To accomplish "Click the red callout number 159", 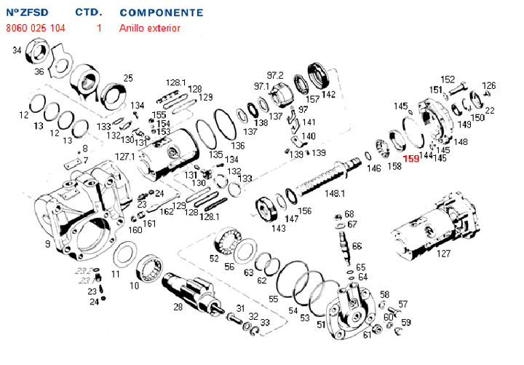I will (x=411, y=158).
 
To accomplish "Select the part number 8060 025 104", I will (x=35, y=28).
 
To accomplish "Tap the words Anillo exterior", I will (x=149, y=28).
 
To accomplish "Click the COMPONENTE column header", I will (x=161, y=13).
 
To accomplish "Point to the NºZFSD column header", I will (x=27, y=13).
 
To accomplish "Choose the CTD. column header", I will (x=89, y=13).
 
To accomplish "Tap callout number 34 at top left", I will (x=17, y=50).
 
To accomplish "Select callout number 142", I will (x=329, y=95).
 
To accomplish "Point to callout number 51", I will (x=321, y=323).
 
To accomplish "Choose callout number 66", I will (x=357, y=247).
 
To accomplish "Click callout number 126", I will (x=489, y=85).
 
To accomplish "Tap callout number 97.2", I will (x=274, y=75).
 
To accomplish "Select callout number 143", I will (x=279, y=228).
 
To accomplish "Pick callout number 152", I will (x=448, y=79).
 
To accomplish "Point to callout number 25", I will (x=128, y=78).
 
